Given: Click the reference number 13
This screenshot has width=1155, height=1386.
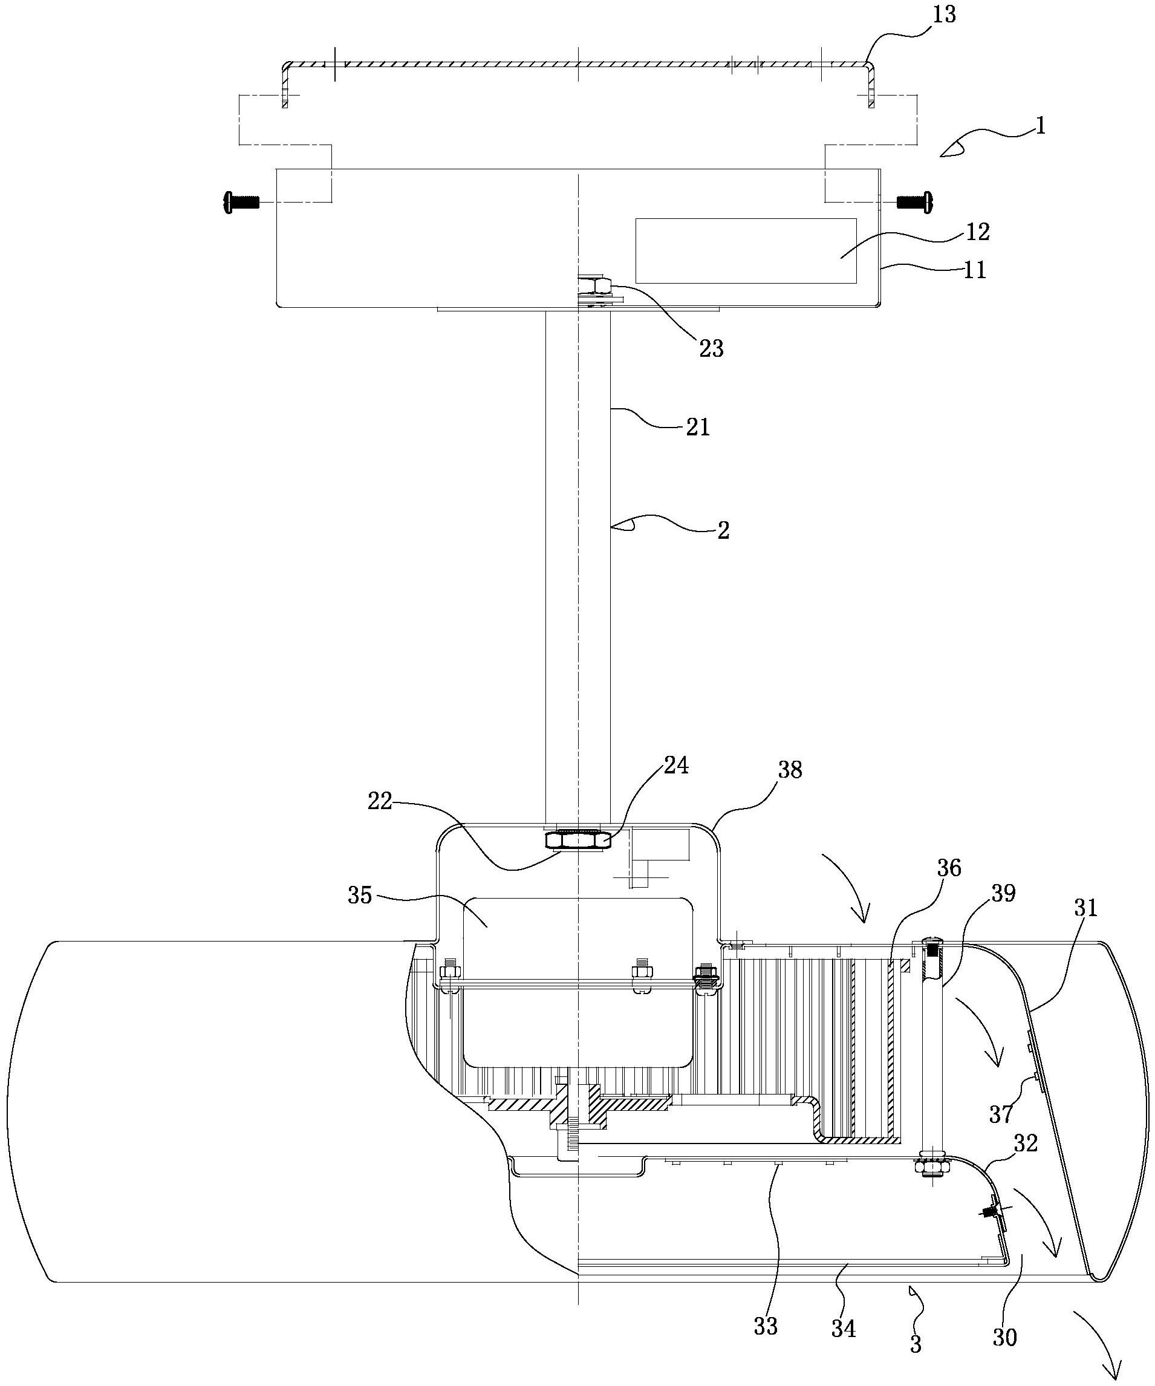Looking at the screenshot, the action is tap(945, 15).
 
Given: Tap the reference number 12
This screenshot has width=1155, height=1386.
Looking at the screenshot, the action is tap(977, 232).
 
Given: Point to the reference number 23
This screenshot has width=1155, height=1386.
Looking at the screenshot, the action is tap(712, 348).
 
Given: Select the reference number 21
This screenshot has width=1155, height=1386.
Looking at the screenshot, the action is tap(698, 427).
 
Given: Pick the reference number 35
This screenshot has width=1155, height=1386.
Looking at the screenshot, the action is tap(360, 896).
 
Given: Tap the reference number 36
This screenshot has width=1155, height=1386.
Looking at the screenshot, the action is tap(949, 868).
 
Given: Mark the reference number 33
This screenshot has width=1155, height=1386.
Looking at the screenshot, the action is tap(766, 1326).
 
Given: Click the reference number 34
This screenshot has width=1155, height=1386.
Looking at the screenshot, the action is tap(844, 1329).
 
